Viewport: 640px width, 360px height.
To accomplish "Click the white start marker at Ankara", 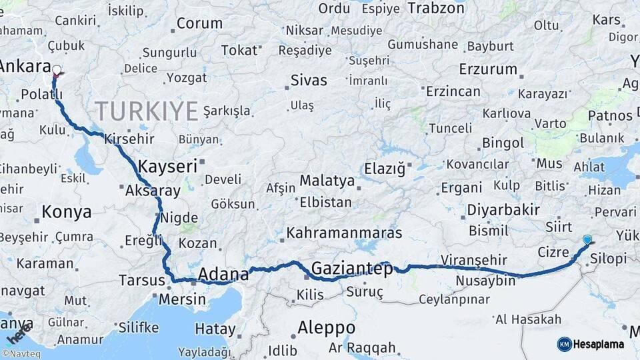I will point(57,69).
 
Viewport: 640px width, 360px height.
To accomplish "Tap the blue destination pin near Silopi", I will point(587,239).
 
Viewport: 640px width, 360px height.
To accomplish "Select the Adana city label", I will point(223,273).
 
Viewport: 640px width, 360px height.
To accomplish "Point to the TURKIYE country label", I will point(146,110).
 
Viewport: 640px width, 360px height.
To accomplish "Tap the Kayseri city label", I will point(167,166).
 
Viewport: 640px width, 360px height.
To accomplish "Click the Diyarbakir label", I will point(503,210).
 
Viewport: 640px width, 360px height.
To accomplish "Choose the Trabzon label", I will point(435,8).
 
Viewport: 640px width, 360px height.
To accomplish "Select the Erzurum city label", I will point(488,69).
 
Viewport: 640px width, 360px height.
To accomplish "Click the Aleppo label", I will point(326,327).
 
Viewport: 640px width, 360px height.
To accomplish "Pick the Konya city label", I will point(66,212).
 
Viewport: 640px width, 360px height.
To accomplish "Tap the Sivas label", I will point(309,81).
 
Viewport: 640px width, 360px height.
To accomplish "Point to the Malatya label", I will point(327,181).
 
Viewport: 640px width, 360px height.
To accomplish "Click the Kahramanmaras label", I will point(344,233).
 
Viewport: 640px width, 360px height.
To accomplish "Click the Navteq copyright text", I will point(21,353).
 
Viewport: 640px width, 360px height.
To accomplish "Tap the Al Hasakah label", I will point(528,319).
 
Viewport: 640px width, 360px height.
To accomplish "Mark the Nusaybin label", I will point(485,281).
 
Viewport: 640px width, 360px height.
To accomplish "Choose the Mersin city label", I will point(182,299).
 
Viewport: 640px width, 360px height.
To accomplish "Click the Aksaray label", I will point(153,191).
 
